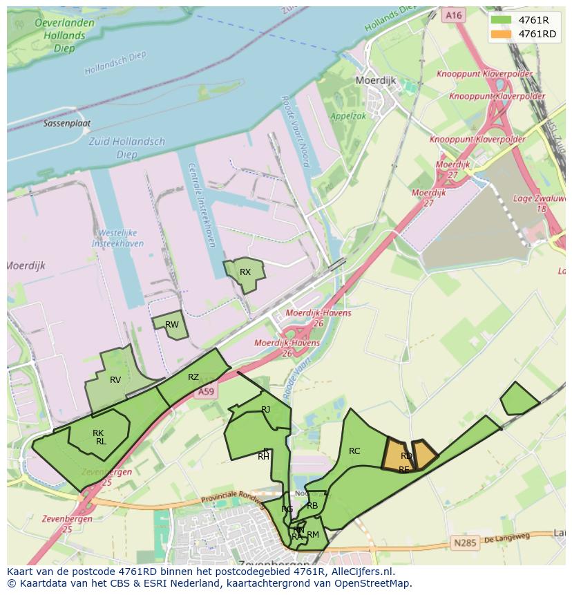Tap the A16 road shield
tap(453, 15)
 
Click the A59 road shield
tap(206, 392)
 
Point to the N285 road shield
tap(465, 543)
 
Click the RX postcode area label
tap(245, 272)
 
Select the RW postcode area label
tap(172, 325)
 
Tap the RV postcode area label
tap(115, 380)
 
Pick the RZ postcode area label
tap(193, 377)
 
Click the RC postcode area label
tap(354, 451)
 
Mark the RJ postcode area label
tap(266, 410)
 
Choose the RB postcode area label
tap(312, 506)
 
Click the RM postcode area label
tap(313, 534)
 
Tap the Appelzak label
tap(348, 117)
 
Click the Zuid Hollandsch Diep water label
tap(128, 147)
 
